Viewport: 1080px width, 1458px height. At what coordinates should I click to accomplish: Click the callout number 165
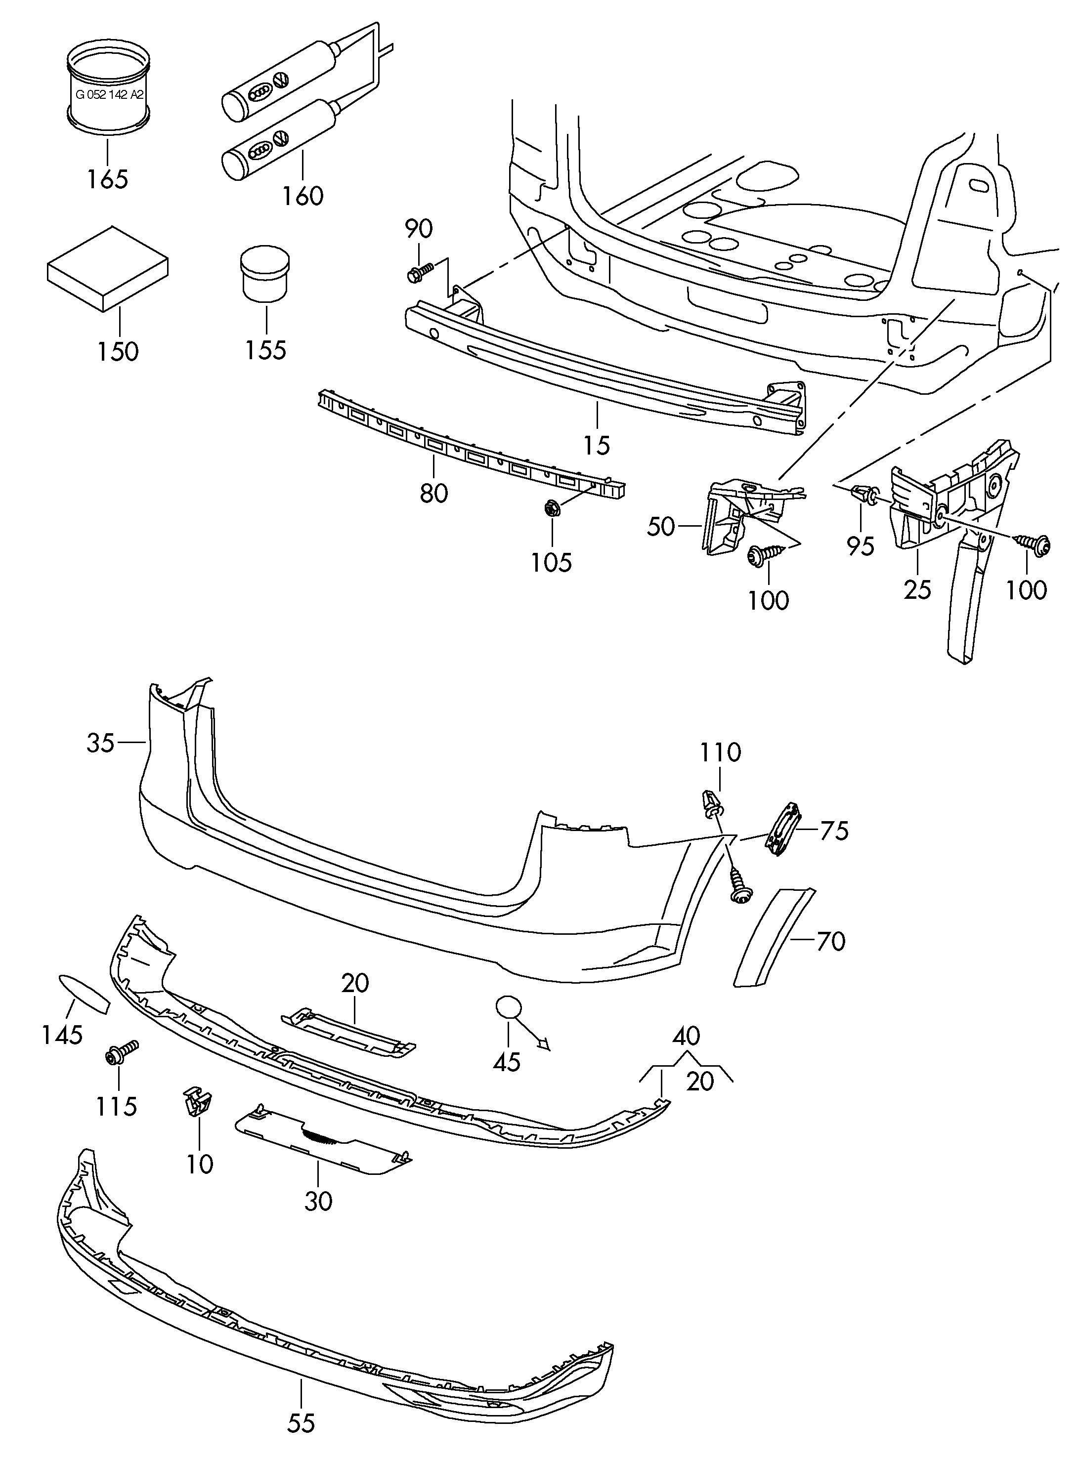108,178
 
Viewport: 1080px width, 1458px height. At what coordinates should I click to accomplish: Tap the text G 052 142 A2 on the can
109,94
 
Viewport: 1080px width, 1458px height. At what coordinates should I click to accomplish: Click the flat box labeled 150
108,267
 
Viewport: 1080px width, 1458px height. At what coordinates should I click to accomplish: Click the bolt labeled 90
418,273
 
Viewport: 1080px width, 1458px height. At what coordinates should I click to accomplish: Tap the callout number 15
596,446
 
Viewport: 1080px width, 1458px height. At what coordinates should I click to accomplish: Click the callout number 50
660,526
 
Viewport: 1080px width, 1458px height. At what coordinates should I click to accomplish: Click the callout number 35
101,743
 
